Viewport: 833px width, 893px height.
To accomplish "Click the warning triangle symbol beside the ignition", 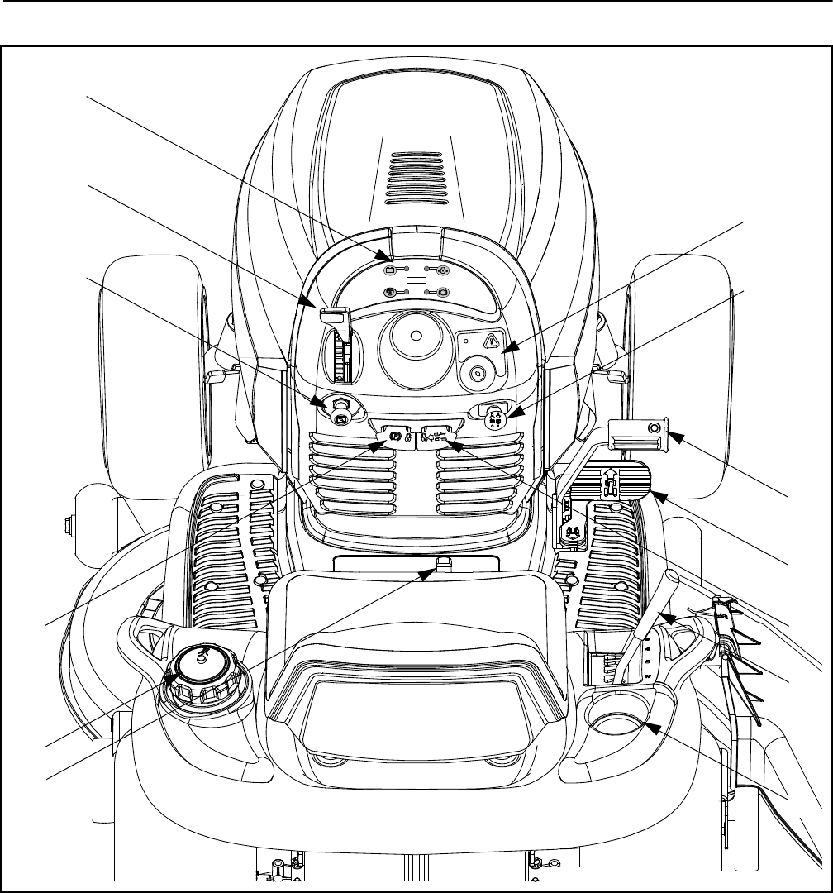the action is coord(492,340).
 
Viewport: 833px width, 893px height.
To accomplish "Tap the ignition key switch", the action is coord(477,374).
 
